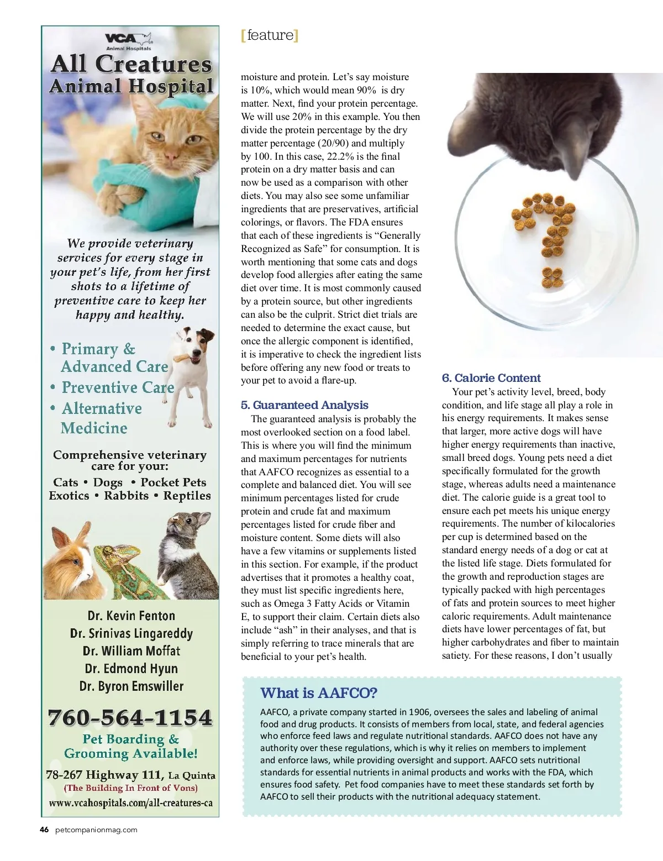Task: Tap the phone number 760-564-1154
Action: click(130, 717)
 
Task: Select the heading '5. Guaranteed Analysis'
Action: click(304, 405)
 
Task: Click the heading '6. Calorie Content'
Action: click(491, 378)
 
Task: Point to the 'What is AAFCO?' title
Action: click(319, 693)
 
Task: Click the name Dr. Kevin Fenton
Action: click(131, 616)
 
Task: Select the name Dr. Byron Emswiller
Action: click(131, 686)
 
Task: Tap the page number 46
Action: click(44, 830)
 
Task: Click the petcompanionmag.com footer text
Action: click(97, 830)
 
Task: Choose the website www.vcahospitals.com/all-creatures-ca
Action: click(131, 803)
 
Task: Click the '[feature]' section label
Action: click(270, 35)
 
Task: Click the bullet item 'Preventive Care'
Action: click(118, 387)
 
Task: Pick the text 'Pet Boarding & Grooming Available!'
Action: click(131, 746)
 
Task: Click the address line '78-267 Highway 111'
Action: click(105, 775)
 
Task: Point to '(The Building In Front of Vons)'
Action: click(131, 788)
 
